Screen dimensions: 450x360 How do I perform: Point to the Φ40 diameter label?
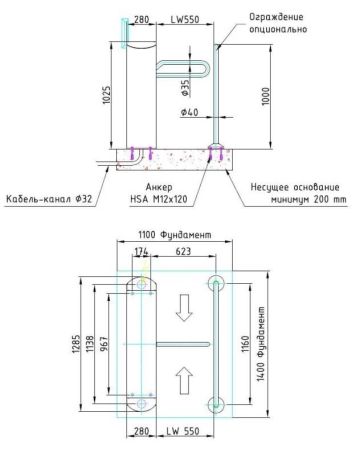tap(190, 112)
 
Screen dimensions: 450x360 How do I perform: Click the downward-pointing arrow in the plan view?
tap(181, 312)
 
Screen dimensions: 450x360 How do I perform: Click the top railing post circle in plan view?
tap(216, 286)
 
